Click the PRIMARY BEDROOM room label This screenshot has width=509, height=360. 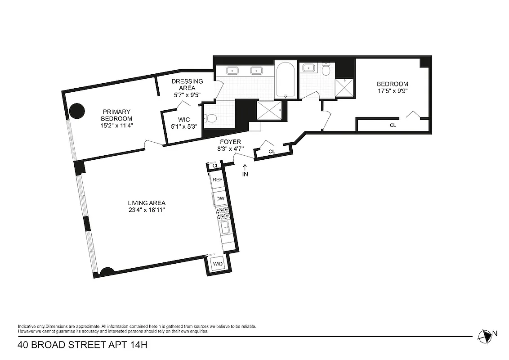116,115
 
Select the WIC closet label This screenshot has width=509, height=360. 184,120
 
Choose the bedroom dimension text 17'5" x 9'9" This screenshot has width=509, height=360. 392,91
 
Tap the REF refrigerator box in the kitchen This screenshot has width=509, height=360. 218,180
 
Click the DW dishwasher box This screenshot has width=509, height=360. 220,198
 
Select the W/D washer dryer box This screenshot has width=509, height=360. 218,264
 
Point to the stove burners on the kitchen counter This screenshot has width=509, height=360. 223,213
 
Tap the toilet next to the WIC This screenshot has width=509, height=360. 210,118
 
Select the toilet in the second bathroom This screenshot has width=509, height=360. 326,70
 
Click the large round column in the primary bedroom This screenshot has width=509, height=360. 77,110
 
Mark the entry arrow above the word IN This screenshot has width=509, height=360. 245,166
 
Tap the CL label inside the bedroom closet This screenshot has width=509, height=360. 393,125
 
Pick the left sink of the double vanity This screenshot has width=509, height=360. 233,71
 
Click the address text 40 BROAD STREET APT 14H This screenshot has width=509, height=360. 83,346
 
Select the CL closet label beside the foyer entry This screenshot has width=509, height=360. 272,152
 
